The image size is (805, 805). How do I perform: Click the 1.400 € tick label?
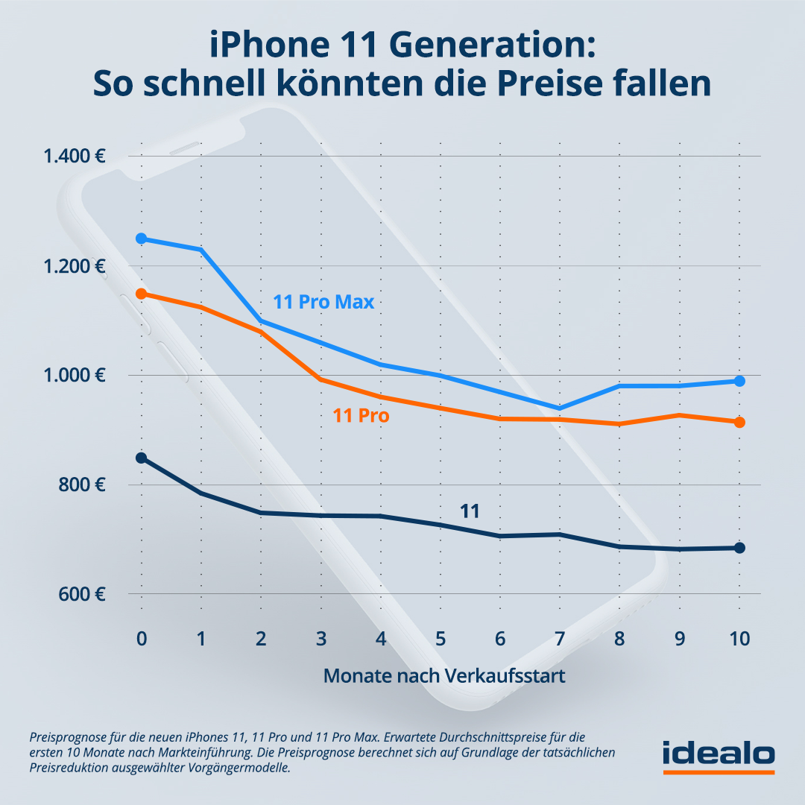coord(74,157)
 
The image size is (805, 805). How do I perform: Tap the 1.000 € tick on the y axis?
coord(74,376)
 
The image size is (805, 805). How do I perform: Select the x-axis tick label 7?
coord(560,640)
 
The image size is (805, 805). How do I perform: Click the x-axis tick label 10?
coord(739,640)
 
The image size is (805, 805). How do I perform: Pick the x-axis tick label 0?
coord(141,640)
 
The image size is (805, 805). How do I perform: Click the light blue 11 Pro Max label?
coord(323,303)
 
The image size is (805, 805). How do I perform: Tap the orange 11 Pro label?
coord(361,416)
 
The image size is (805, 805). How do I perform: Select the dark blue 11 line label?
coord(469,511)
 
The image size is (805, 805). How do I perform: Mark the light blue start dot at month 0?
coord(141,239)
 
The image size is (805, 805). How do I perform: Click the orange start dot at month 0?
coord(141,294)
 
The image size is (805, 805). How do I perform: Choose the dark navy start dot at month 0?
coord(141,458)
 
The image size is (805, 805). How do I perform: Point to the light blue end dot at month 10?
coord(739,381)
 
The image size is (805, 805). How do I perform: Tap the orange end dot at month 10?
coord(739,423)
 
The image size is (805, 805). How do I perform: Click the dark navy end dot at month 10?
coord(739,548)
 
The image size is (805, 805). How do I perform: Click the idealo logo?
coord(719,754)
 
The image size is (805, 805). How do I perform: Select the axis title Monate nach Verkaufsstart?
coord(444,676)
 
